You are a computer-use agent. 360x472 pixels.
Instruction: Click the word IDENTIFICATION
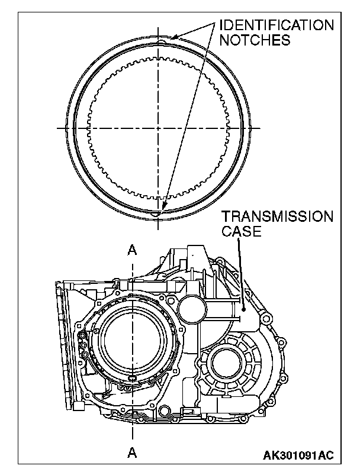[x=277, y=25]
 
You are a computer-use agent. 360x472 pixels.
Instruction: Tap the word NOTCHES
[x=255, y=40]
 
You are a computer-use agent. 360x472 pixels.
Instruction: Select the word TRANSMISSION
[x=278, y=216]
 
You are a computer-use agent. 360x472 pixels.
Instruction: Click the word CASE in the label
[x=242, y=231]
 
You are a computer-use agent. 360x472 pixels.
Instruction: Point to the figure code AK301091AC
[x=298, y=455]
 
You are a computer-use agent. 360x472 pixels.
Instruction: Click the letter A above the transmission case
[x=132, y=250]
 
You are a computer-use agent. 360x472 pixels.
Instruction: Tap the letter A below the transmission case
[x=132, y=452]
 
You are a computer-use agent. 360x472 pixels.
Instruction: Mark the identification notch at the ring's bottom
[x=157, y=214]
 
